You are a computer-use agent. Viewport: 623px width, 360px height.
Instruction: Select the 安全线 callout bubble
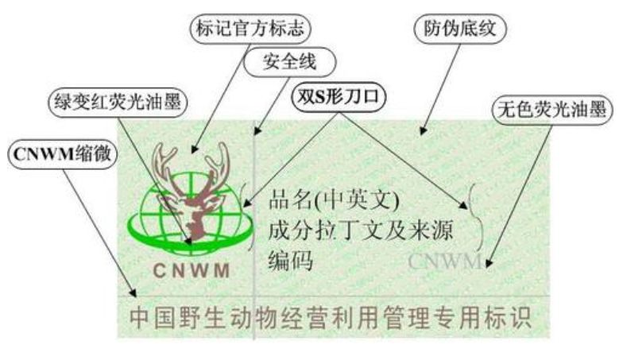pyautogui.click(x=290, y=61)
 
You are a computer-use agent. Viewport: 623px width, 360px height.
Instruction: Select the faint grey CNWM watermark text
pyautogui.click(x=445, y=261)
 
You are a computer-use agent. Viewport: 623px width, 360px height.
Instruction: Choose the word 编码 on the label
pyautogui.click(x=292, y=261)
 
